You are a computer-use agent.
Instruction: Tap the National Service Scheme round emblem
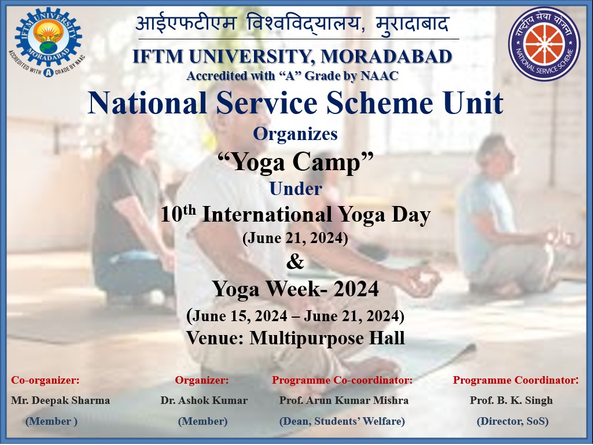pos(544,44)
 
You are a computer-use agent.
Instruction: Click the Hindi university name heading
pos(292,24)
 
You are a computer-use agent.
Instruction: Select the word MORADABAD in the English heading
pos(386,56)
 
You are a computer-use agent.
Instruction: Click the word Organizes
pos(296,134)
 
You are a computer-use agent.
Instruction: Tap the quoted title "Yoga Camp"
pos(296,163)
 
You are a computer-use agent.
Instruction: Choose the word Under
pos(296,189)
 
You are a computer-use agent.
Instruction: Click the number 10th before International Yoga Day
pos(178,214)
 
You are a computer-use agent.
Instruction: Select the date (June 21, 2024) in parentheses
pos(296,238)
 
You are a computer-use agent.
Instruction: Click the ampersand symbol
pos(295,262)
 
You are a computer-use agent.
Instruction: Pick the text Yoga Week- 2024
pos(296,289)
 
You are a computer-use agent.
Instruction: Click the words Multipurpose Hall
pos(327,338)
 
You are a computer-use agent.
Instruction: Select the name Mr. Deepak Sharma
pos(61,400)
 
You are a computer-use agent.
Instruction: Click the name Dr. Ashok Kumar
pos(204,400)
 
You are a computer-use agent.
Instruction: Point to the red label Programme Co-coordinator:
pos(342,380)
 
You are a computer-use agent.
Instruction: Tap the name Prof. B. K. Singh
pos(511,400)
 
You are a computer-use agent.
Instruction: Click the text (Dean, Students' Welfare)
pos(342,421)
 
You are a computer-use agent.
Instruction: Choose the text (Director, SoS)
pos(513,421)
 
